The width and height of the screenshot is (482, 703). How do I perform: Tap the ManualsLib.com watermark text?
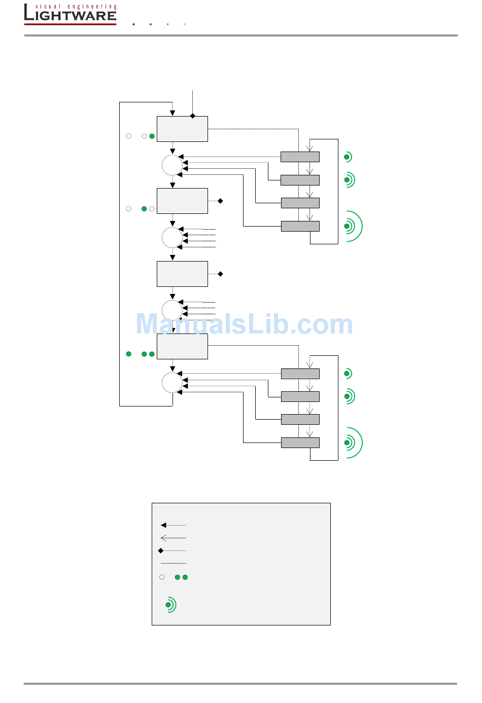point(244,324)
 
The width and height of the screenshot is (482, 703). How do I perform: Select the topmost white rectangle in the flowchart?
point(182,129)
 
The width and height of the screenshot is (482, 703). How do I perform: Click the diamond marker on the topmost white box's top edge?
point(192,116)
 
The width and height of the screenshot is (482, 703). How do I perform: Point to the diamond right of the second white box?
point(220,201)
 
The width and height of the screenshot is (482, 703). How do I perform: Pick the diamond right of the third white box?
point(220,274)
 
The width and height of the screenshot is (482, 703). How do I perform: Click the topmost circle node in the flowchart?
point(172,165)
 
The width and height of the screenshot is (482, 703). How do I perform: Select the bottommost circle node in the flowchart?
point(172,383)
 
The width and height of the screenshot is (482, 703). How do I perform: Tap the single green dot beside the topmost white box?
point(152,136)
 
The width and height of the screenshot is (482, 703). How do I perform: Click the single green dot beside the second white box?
point(144,209)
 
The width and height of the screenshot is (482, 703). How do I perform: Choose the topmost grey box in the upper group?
point(300,157)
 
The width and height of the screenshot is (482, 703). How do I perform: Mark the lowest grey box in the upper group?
point(300,226)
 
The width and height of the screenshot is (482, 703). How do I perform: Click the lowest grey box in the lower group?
point(300,442)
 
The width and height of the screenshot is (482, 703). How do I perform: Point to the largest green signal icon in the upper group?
point(353,226)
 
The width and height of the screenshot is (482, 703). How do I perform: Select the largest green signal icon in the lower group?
point(353,442)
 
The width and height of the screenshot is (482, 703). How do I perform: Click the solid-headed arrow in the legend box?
point(173,525)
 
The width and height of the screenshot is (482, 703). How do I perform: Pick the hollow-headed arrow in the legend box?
point(173,538)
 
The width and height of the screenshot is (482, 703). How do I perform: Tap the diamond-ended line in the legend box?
point(173,550)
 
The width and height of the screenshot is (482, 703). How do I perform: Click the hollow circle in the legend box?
point(162,577)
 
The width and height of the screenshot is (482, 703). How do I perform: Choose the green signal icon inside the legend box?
point(170,605)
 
